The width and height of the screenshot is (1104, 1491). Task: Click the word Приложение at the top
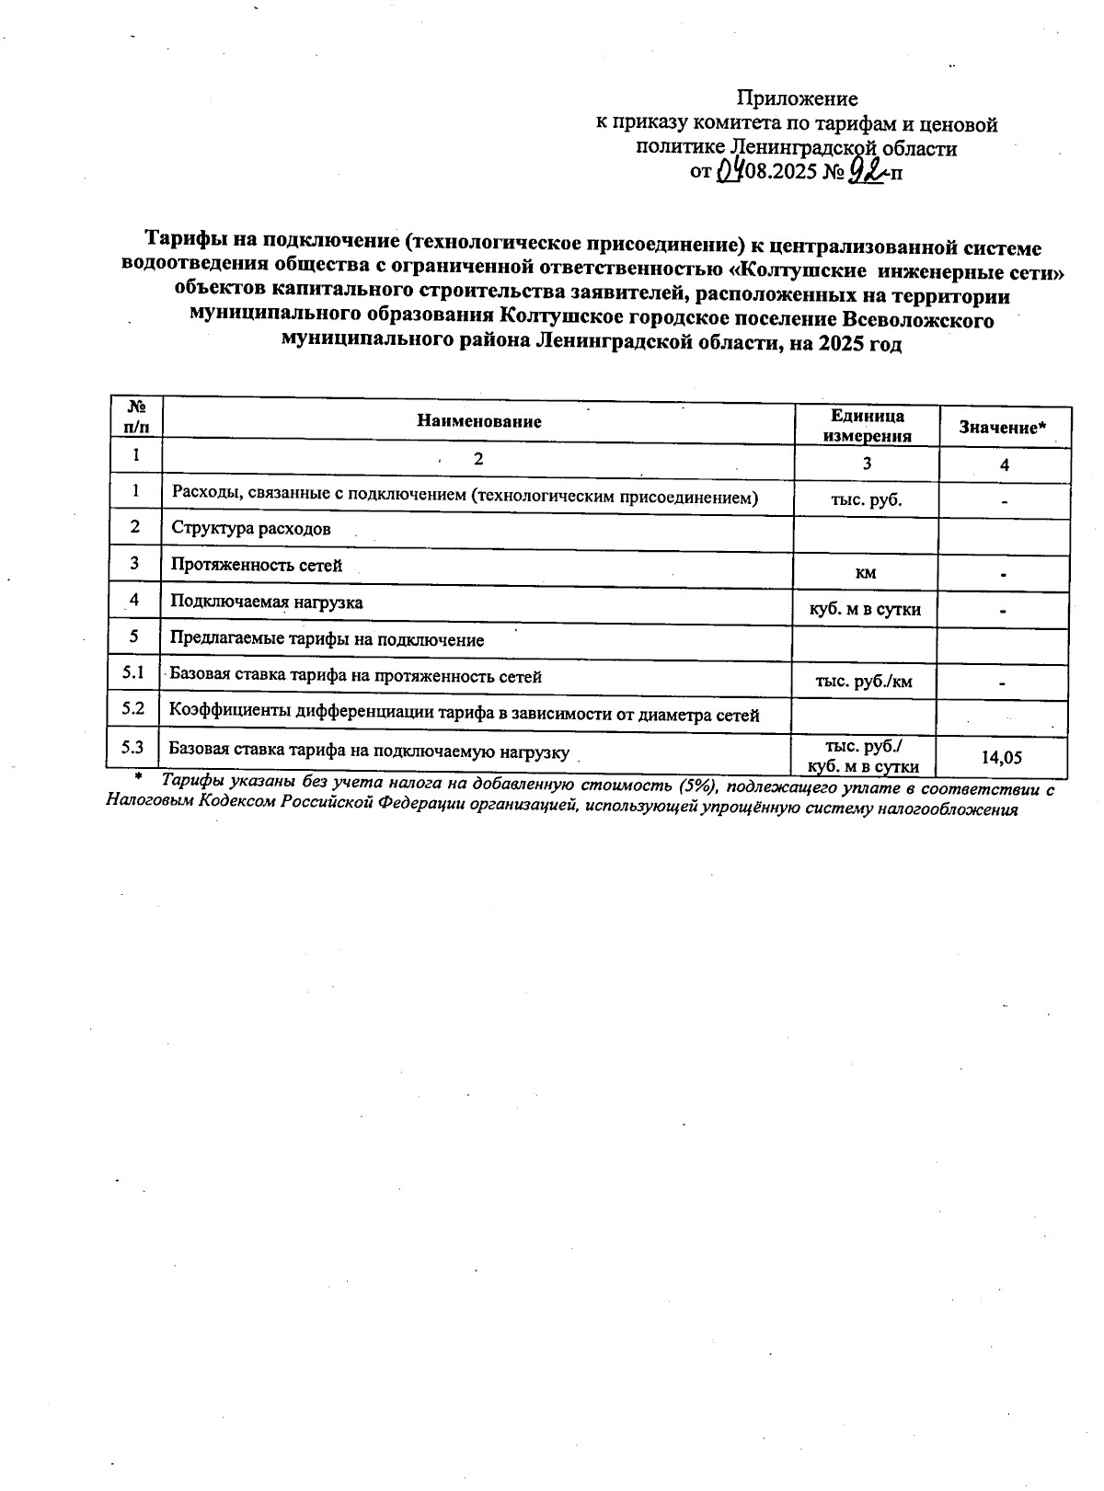(x=798, y=98)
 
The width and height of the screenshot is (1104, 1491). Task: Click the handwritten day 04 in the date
(x=730, y=169)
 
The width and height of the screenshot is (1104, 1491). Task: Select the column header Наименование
(x=478, y=422)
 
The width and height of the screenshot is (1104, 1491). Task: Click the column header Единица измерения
(x=867, y=427)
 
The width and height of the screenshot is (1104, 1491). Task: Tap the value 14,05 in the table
(x=1003, y=758)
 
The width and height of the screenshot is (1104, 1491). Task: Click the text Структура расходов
(x=251, y=529)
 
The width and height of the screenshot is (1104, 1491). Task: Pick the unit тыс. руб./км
(x=864, y=682)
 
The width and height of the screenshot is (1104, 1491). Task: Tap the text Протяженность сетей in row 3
(x=256, y=566)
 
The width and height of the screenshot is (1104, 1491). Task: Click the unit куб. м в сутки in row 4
(x=865, y=609)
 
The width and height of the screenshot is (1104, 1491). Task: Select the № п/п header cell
(x=136, y=417)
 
